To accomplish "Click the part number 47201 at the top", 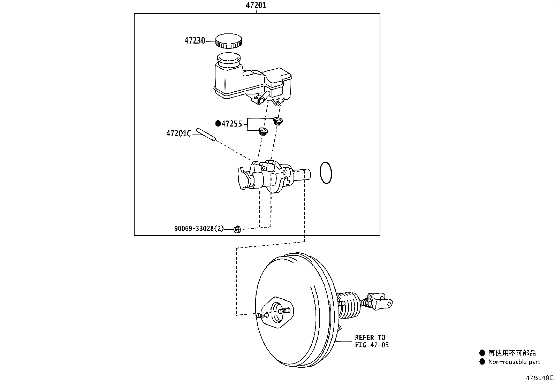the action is pyautogui.click(x=256, y=5).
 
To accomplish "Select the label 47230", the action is pyautogui.click(x=195, y=41).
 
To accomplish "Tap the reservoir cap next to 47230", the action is pyautogui.click(x=228, y=41).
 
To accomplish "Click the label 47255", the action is pyautogui.click(x=232, y=124).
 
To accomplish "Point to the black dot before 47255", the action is pyautogui.click(x=218, y=123).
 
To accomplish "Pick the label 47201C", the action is pyautogui.click(x=178, y=134).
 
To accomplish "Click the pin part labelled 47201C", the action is pyautogui.click(x=206, y=135).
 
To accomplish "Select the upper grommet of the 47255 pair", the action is pyautogui.click(x=278, y=121).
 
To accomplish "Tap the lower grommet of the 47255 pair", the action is pyautogui.click(x=263, y=131).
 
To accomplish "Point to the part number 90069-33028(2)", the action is pyautogui.click(x=199, y=228).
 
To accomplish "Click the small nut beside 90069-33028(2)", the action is pyautogui.click(x=237, y=229).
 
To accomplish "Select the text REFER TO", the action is pyautogui.click(x=370, y=338).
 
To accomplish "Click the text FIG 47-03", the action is pyautogui.click(x=372, y=345).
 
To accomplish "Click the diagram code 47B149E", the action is pyautogui.click(x=539, y=378).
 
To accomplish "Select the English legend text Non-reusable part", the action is pyautogui.click(x=514, y=362).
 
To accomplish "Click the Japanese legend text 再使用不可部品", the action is pyautogui.click(x=512, y=353).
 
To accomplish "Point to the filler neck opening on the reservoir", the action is pyautogui.click(x=228, y=58).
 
